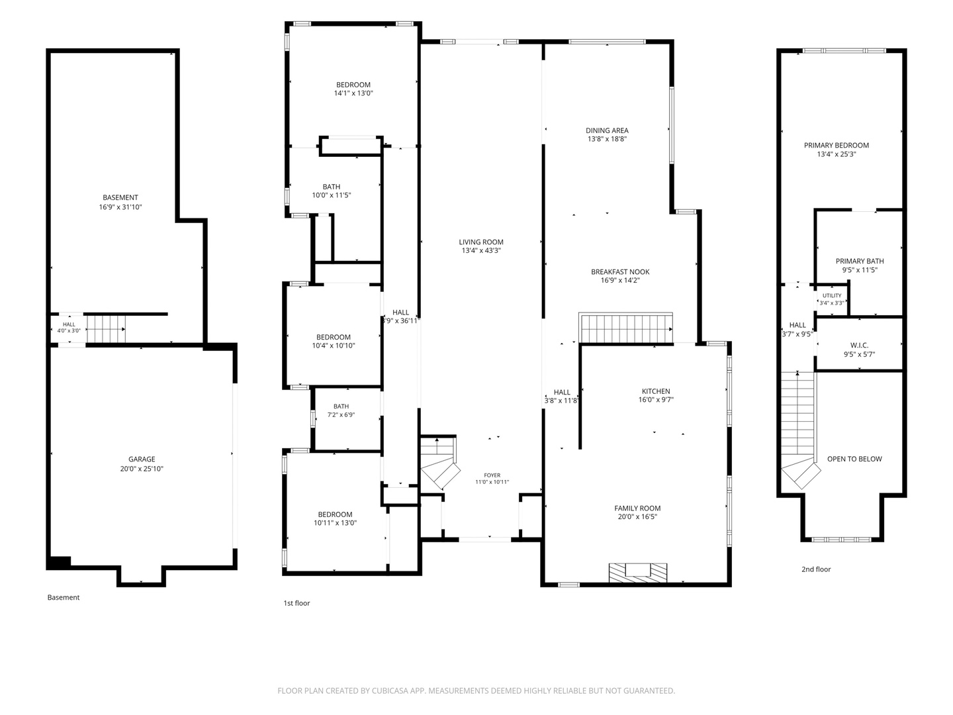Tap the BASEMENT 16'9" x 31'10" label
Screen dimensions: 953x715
(x=120, y=203)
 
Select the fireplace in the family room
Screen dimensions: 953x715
(x=638, y=573)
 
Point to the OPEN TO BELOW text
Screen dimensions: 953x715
(x=854, y=459)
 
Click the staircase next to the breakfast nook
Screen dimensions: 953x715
(x=627, y=328)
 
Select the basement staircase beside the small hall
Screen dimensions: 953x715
(x=107, y=329)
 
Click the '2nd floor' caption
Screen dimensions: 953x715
(x=816, y=569)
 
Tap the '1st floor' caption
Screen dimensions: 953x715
(x=296, y=603)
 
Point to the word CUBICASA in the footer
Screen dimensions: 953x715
(x=390, y=691)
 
